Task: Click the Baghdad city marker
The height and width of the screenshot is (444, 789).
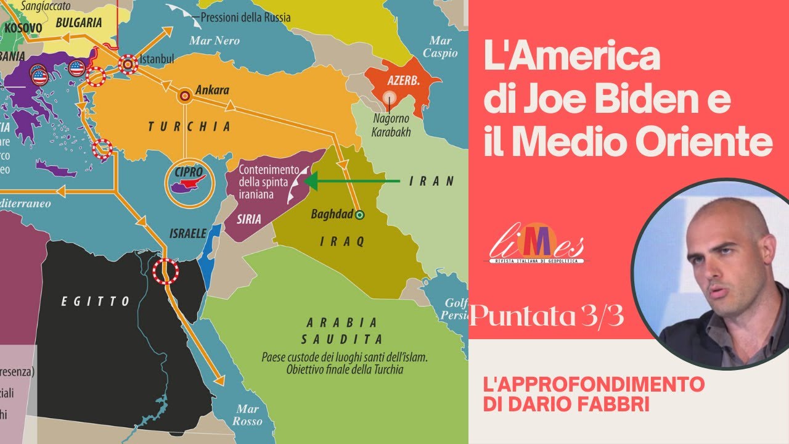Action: (361, 215)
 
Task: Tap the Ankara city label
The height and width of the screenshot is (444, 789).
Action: (211, 90)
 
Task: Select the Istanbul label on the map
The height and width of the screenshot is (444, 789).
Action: (157, 59)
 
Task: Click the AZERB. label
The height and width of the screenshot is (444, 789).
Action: (403, 81)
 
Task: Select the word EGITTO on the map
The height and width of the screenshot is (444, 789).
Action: (96, 302)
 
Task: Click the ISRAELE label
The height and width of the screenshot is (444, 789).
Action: (187, 234)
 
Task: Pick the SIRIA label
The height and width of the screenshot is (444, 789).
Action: (248, 219)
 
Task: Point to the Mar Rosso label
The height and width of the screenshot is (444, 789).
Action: (247, 415)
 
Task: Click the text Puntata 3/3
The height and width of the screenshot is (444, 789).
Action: (547, 317)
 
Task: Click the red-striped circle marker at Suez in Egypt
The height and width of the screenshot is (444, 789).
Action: (166, 271)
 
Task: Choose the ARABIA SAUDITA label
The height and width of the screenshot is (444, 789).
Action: (341, 331)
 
